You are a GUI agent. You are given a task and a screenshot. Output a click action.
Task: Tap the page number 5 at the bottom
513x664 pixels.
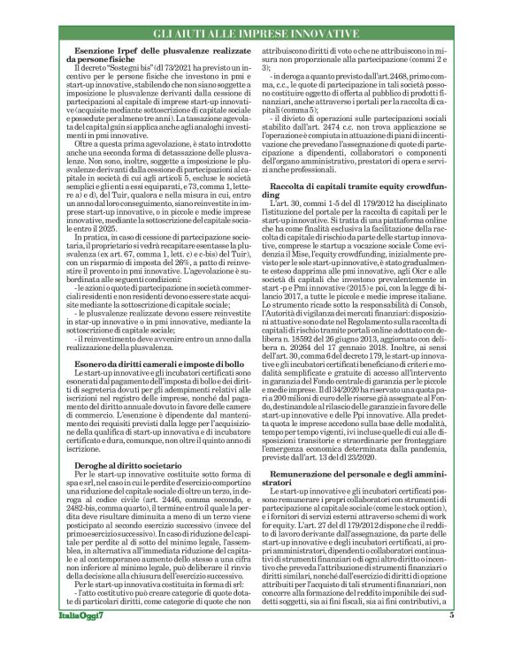point(476,640)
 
